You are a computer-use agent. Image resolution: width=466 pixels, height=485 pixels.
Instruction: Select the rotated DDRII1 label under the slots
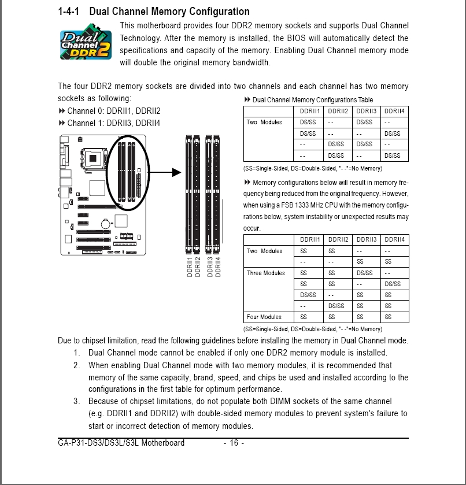point(190,267)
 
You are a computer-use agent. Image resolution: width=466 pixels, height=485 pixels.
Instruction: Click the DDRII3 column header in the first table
point(366,111)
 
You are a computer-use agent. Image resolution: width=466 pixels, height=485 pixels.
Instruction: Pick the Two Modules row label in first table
point(264,122)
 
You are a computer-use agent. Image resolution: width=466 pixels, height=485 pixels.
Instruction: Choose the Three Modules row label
point(265,273)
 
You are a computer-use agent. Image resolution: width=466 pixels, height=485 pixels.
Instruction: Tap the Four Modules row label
point(264,317)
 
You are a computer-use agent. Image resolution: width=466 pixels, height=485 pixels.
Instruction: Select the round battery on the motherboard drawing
point(106,223)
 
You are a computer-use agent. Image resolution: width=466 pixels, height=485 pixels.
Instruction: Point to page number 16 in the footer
point(234,443)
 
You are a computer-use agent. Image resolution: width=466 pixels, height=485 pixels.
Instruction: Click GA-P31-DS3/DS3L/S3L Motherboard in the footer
point(121,443)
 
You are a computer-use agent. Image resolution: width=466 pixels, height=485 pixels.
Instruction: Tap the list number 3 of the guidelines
point(76,401)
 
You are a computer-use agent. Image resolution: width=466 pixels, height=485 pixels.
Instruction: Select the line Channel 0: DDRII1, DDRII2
point(109,111)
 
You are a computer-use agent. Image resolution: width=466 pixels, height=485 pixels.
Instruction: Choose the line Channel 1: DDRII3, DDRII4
point(109,123)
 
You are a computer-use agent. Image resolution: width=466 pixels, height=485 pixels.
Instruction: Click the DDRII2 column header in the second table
point(338,240)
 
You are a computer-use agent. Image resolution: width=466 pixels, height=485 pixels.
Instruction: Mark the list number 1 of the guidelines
point(76,353)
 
